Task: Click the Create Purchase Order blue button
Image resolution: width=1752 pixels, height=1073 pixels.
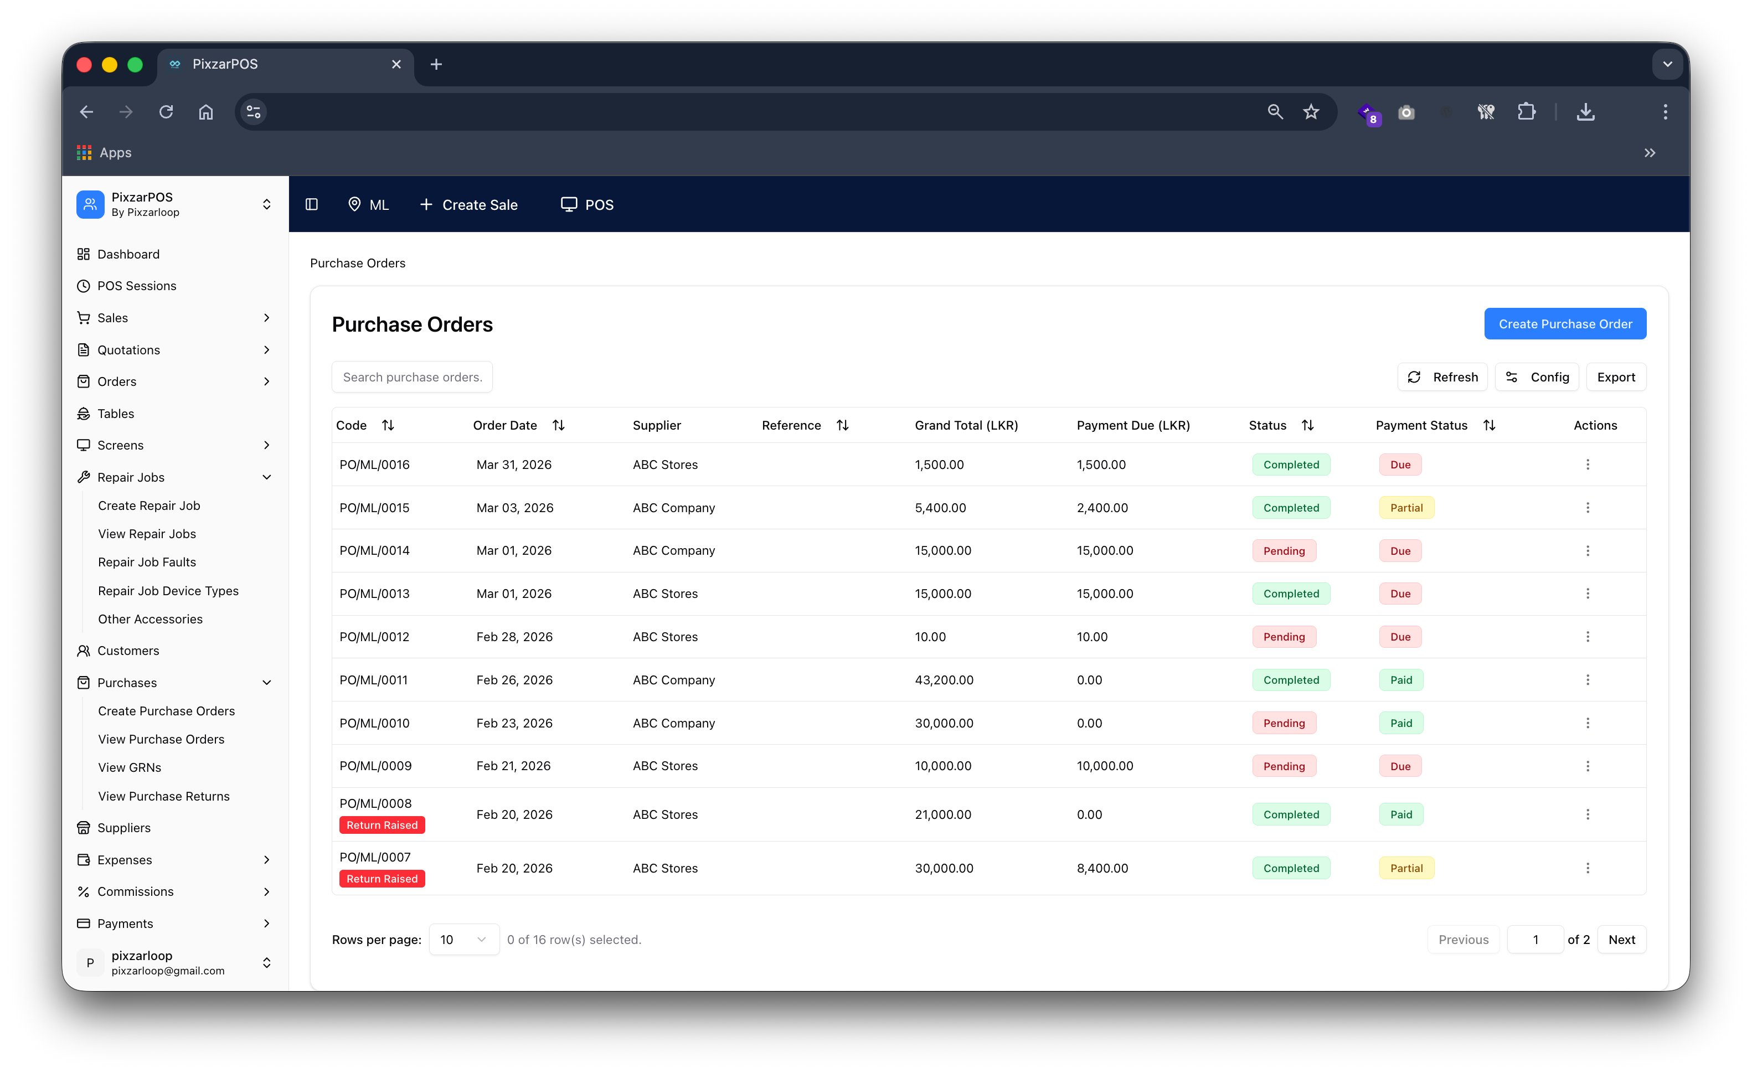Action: pos(1564,323)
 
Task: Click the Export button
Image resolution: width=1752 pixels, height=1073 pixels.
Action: pos(1615,377)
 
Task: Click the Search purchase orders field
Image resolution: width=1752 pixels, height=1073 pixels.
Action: pos(411,377)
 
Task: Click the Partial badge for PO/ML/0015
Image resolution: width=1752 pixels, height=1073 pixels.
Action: pos(1406,508)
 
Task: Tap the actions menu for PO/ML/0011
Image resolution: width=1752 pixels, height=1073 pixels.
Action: pos(1587,680)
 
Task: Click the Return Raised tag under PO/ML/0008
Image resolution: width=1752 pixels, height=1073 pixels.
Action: pos(382,825)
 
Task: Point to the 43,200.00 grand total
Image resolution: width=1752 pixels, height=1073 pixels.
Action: pos(944,680)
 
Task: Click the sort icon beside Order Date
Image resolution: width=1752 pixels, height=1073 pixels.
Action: pos(558,425)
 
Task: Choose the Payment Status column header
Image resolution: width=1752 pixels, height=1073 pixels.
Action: pos(1421,425)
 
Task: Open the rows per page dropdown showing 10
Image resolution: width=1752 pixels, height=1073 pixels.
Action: pos(463,940)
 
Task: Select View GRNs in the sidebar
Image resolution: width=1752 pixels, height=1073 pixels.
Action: pos(130,767)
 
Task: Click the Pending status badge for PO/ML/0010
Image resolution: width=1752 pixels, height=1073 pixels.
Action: pos(1284,723)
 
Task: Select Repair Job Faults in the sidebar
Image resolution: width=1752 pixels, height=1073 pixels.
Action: pos(147,562)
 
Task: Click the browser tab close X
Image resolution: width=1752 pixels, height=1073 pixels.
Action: pos(396,64)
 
